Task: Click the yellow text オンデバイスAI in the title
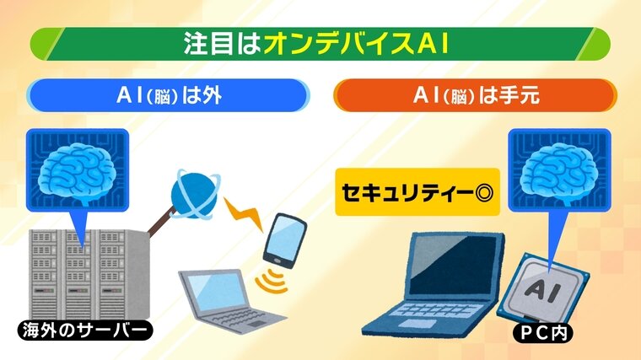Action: point(357,43)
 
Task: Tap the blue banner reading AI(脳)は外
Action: point(168,95)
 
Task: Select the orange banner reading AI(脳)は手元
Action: point(476,95)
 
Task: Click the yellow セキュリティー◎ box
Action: point(417,192)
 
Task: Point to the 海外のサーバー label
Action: point(84,330)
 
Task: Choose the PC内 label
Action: point(543,333)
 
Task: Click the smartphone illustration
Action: point(284,240)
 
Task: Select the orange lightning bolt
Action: point(244,213)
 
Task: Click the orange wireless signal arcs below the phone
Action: point(272,281)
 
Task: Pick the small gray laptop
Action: point(229,301)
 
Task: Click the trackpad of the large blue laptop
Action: point(412,324)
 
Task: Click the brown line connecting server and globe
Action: point(161,222)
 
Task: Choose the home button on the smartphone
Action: point(277,261)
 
